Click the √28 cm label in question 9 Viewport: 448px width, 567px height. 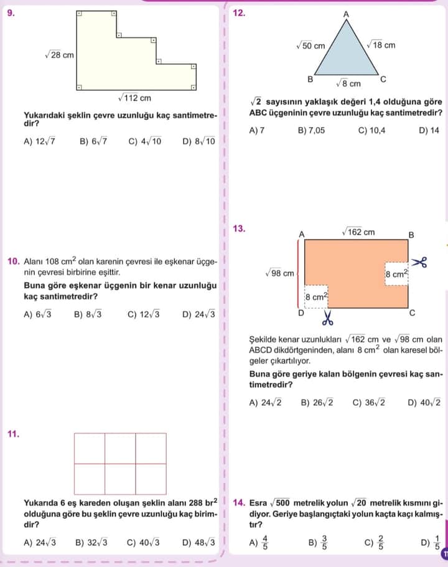[x=59, y=55]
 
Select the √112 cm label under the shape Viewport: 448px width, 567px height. [x=134, y=98]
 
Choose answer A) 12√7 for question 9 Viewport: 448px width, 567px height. [x=40, y=141]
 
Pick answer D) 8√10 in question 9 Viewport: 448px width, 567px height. [x=199, y=141]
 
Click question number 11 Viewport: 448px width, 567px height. [x=13, y=434]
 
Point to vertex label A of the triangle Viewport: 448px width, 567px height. [x=347, y=14]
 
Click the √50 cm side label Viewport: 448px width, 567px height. [x=310, y=45]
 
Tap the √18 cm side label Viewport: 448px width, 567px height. [x=380, y=45]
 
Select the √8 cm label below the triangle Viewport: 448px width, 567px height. [x=348, y=83]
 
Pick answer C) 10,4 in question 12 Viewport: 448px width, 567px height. [x=372, y=131]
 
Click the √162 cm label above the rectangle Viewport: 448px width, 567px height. [x=358, y=232]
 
